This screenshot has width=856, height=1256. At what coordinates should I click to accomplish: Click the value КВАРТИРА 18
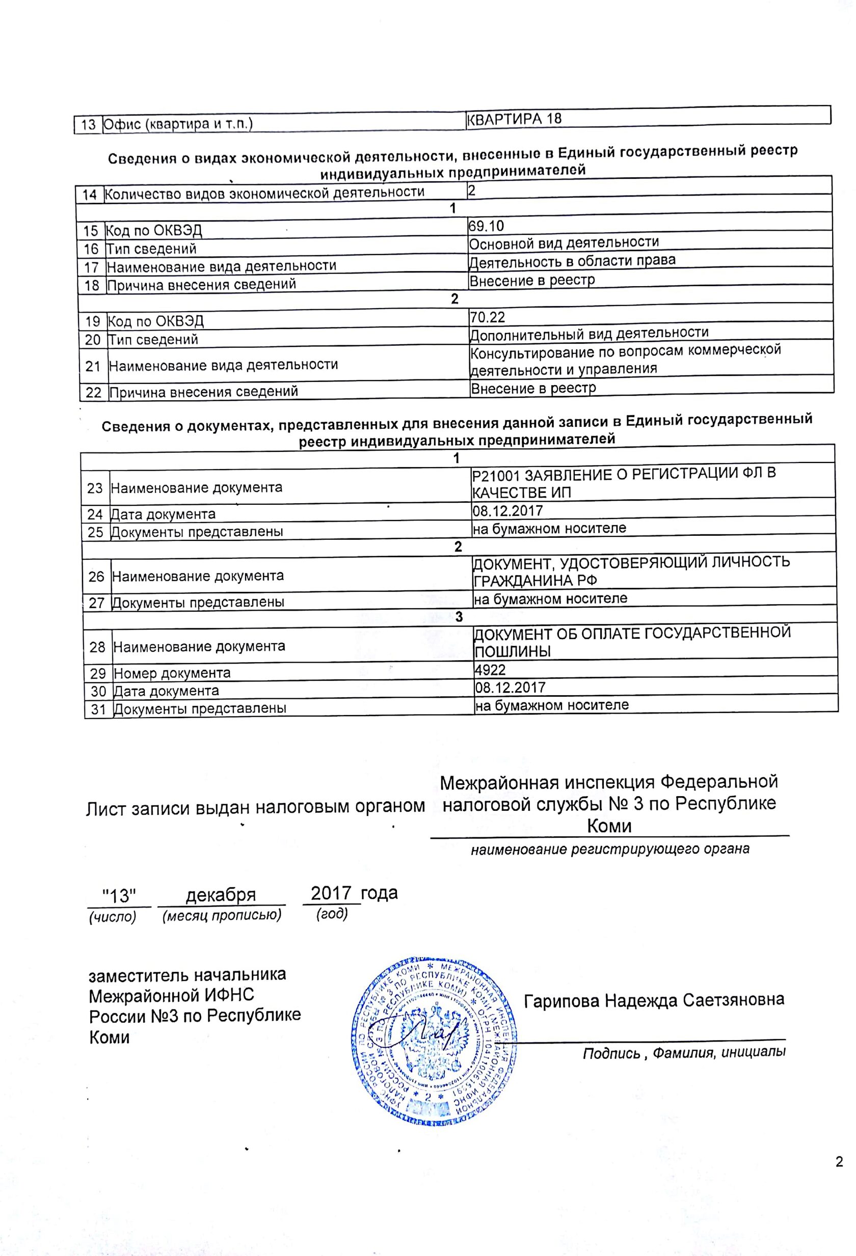tap(514, 119)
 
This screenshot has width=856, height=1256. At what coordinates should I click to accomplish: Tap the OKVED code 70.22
tap(487, 317)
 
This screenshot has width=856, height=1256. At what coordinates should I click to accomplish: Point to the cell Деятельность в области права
tap(572, 262)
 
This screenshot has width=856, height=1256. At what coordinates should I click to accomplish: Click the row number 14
tap(89, 195)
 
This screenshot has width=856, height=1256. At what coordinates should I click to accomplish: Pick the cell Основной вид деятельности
tap(564, 243)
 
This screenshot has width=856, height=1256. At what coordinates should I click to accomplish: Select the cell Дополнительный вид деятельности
tap(589, 334)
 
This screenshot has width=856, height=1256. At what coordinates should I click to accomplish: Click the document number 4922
tap(490, 670)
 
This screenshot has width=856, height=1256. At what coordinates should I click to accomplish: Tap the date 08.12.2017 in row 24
tap(508, 511)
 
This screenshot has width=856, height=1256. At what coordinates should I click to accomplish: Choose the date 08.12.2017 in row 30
tap(510, 688)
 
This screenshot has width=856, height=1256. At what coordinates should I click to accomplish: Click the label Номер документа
tap(172, 673)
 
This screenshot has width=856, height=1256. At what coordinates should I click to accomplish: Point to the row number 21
tap(93, 366)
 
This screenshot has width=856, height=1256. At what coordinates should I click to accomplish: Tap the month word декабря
tap(221, 895)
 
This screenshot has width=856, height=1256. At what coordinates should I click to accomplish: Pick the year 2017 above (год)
tap(331, 893)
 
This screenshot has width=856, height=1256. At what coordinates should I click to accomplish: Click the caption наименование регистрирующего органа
tap(610, 849)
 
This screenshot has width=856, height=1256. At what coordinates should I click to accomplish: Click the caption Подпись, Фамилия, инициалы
tap(683, 1053)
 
